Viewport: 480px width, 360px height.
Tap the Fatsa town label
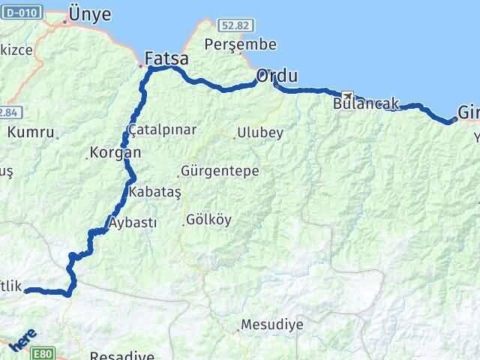166,58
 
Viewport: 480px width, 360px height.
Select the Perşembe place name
241,44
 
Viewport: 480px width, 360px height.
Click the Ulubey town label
259,133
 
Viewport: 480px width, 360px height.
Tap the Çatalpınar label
163,130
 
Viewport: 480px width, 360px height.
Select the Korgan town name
115,152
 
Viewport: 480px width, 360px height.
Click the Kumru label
31,133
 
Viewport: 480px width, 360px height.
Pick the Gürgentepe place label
220,171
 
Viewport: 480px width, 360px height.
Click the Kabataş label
155,192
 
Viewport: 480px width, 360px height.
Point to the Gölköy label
209,220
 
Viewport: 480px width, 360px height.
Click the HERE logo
22,343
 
